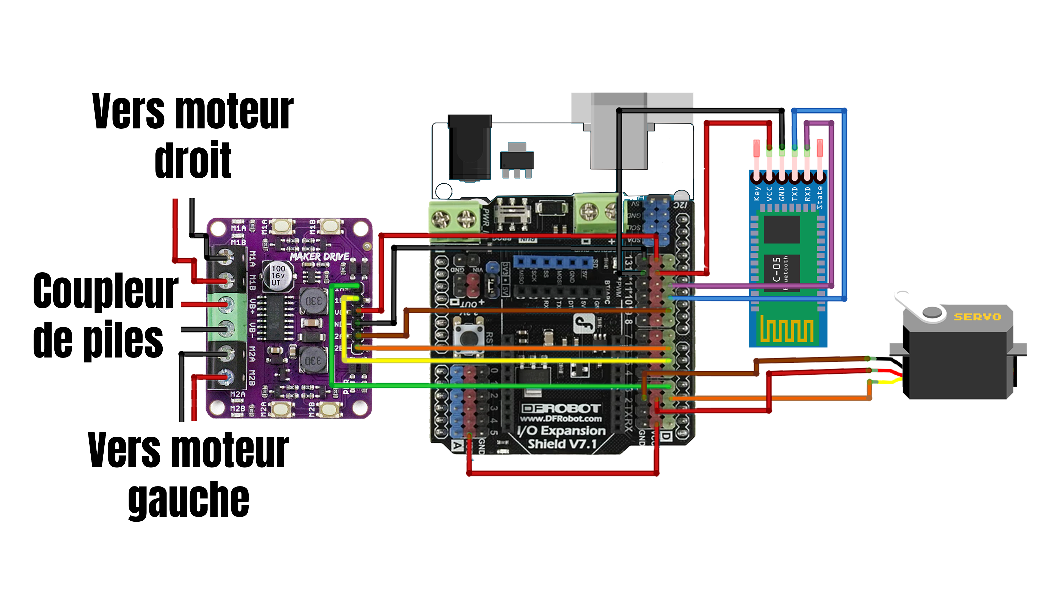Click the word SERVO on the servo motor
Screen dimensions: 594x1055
tap(977, 317)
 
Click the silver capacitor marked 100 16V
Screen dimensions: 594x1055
tap(278, 275)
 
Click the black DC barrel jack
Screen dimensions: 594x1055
tap(469, 148)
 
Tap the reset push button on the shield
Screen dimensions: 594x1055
tap(467, 338)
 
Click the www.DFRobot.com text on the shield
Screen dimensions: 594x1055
tap(561, 419)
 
